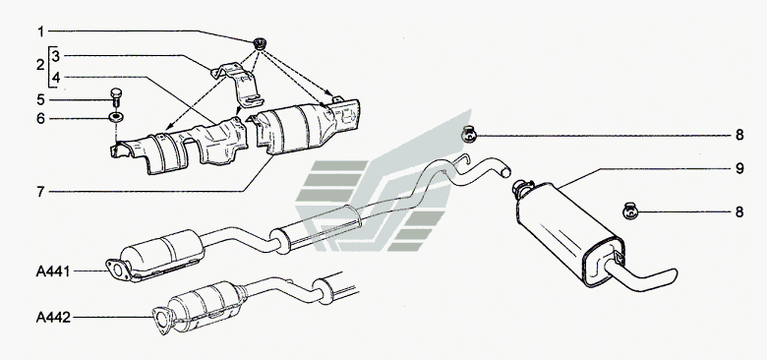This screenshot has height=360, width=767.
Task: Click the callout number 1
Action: (40, 31)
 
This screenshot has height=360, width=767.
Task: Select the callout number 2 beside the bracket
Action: (40, 65)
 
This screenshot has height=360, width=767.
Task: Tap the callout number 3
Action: (55, 56)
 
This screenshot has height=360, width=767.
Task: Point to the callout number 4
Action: (56, 78)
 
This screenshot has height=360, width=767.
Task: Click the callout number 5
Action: (40, 99)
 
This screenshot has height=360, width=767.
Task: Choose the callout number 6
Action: (40, 118)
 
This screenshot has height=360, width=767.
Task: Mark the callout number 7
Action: (40, 191)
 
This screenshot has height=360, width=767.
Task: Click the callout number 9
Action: (739, 169)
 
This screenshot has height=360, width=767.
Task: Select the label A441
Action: (53, 271)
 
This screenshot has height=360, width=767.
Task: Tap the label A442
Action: (53, 318)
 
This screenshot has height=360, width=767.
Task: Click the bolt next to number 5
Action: (115, 96)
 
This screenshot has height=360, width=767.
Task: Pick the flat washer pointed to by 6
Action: (116, 117)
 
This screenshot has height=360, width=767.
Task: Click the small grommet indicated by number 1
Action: (260, 44)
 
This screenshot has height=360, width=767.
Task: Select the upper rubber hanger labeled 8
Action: (469, 134)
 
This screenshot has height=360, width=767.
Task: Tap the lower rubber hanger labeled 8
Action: (630, 211)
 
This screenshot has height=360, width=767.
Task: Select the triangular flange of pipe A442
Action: (161, 321)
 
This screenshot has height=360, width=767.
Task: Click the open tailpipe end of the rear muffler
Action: (673, 275)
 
